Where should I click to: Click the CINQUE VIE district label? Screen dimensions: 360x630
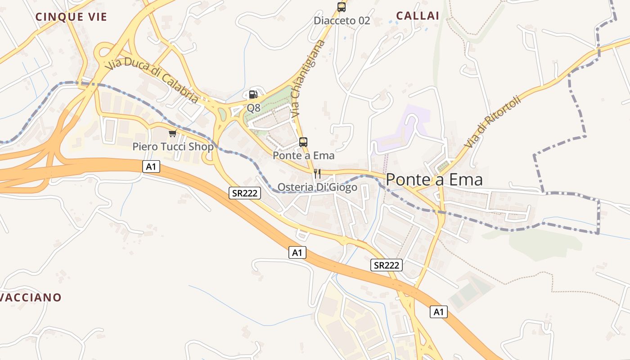(71, 17)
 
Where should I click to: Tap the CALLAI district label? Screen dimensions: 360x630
(418, 16)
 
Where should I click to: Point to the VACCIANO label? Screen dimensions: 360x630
(31, 297)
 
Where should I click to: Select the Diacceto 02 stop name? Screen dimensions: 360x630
(342, 21)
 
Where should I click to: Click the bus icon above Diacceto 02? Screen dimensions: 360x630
(342, 7)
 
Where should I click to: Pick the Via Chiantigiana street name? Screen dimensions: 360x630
(307, 79)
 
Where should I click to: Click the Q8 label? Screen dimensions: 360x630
(253, 108)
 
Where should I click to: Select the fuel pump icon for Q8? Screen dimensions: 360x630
(253, 94)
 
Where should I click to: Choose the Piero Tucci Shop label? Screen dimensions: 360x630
(173, 147)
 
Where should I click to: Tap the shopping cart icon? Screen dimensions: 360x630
(172, 134)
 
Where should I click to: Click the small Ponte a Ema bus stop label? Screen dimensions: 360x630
(304, 156)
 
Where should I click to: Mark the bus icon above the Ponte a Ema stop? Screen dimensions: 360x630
(303, 142)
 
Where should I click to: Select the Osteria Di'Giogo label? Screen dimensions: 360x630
(317, 187)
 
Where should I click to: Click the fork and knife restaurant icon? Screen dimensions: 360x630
(317, 174)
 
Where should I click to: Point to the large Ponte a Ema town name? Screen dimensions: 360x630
(434, 180)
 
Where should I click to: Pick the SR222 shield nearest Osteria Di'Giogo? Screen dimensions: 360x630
(245, 193)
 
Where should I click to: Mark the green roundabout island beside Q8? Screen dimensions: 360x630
(222, 115)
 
